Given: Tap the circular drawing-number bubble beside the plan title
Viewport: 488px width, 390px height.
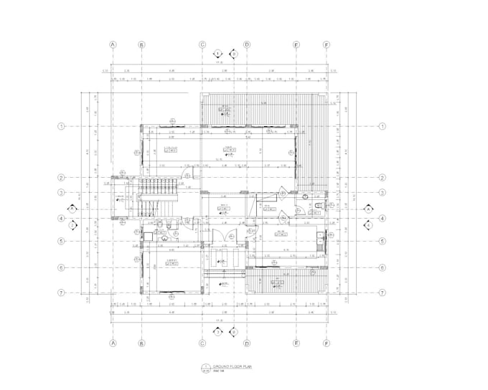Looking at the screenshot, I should click(206, 368).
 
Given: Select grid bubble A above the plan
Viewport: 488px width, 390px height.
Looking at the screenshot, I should click(113, 44).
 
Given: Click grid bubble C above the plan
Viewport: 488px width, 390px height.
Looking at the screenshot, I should click(203, 44).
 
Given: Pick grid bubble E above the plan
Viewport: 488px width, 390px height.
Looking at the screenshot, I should click(296, 44).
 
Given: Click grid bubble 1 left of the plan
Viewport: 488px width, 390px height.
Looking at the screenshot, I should click(62, 126).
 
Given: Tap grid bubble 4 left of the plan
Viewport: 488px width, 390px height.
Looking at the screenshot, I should click(62, 218).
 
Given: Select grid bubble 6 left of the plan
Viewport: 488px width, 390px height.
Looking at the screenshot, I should click(62, 267).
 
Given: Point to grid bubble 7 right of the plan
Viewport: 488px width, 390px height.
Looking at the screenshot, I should click(383, 292).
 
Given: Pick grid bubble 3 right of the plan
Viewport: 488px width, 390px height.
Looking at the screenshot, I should click(383, 192).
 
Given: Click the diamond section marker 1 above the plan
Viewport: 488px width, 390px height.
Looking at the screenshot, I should click(218, 53).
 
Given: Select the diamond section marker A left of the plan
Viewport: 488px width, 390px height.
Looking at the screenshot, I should click(71, 209).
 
